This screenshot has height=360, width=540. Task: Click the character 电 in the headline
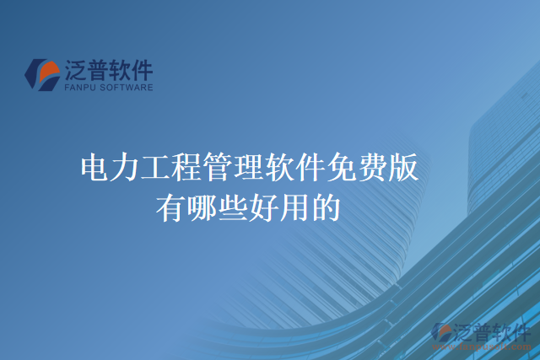pos(94,169)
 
